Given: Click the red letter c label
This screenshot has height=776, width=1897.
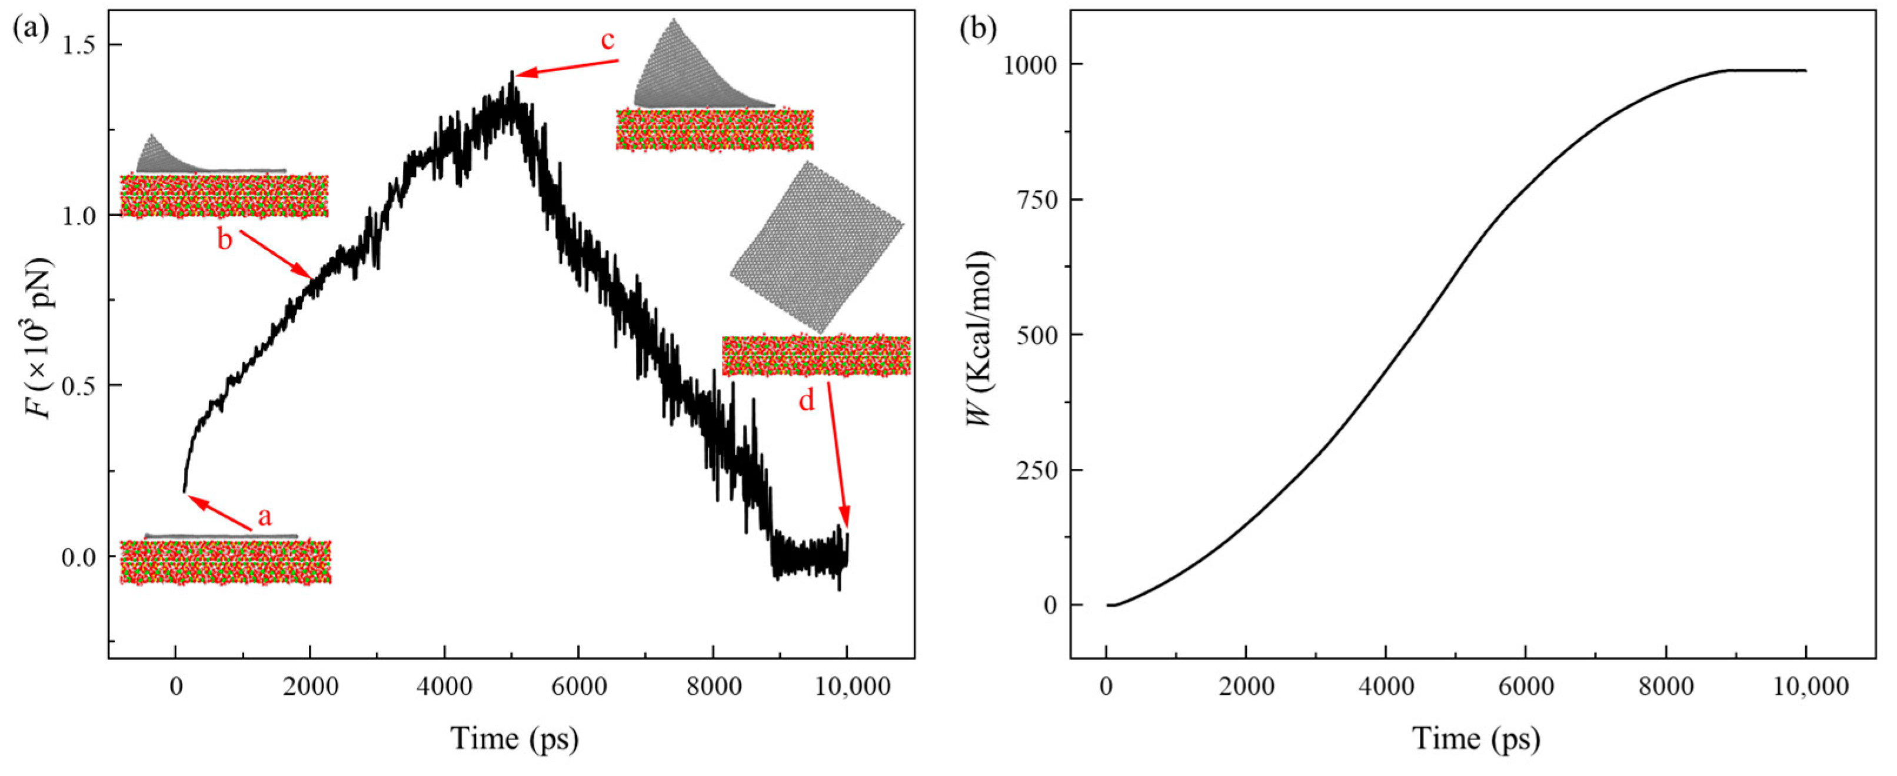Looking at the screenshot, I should [x=608, y=41].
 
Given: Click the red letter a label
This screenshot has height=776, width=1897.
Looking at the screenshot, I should [x=264, y=518].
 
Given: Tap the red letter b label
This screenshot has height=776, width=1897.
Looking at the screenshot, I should [x=225, y=240].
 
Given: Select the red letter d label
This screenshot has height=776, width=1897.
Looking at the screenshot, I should [x=808, y=401].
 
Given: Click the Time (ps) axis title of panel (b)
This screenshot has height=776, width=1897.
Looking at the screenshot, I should [x=1476, y=738].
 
